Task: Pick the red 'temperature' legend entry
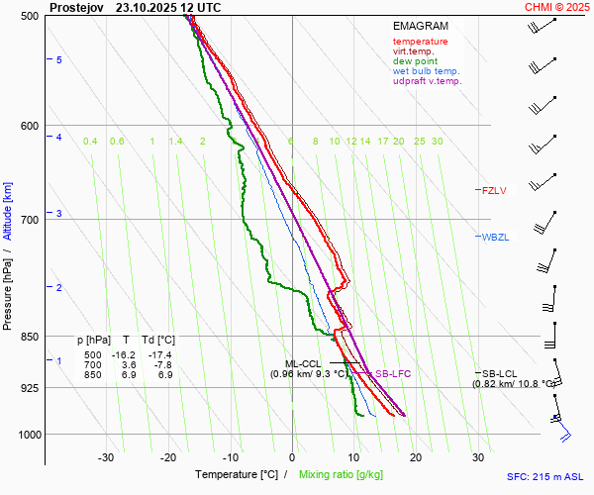(420, 42)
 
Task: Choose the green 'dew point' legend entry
(415, 61)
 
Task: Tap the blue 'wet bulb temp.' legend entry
(426, 71)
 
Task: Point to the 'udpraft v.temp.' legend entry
(427, 81)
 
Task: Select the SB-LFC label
(392, 374)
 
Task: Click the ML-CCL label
(304, 363)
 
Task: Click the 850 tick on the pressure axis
(29, 337)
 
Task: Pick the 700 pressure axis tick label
(29, 219)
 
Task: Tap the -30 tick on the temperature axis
(106, 457)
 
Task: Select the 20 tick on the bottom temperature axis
(416, 457)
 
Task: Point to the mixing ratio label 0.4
(90, 142)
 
